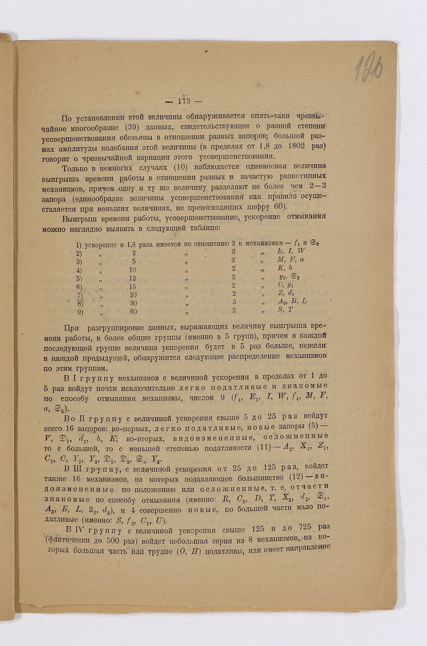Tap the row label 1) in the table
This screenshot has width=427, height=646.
click(x=79, y=245)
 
